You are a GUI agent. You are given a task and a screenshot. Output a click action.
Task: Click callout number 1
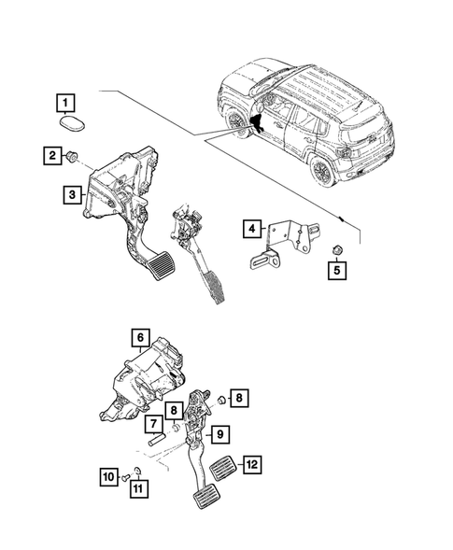[64, 99]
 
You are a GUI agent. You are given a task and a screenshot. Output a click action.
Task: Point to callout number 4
[252, 227]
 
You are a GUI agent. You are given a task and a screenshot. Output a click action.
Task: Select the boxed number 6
[138, 338]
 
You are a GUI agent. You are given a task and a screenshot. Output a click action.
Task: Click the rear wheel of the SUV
[323, 172]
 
